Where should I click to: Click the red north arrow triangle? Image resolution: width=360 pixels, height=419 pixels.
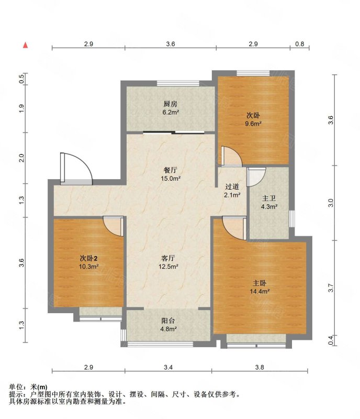(x=25, y=45)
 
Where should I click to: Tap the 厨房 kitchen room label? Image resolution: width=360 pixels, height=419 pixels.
(x=171, y=104)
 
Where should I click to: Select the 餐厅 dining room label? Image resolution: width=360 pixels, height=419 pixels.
(x=171, y=170)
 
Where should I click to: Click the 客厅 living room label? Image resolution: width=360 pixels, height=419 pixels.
(x=168, y=258)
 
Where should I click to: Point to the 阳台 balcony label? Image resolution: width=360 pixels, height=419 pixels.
(x=168, y=321)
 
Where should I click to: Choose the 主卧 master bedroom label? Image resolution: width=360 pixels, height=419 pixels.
(x=260, y=283)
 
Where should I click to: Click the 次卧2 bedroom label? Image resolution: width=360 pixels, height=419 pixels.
(x=88, y=258)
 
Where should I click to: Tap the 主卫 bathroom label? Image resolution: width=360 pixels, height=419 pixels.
(x=269, y=198)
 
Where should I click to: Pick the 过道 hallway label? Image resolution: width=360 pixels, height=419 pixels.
(x=232, y=186)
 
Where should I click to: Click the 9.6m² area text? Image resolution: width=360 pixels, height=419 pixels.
(x=253, y=124)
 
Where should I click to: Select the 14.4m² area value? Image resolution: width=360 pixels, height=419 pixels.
(x=260, y=291)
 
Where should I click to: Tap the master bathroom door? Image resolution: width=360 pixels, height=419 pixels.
(x=256, y=177)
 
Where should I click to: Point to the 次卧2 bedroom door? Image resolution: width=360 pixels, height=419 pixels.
(x=114, y=227)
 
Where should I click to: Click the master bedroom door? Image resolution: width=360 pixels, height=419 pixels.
(x=234, y=228)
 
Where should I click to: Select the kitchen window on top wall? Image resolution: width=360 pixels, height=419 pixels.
(x=178, y=83)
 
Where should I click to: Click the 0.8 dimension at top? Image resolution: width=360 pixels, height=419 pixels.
(x=300, y=44)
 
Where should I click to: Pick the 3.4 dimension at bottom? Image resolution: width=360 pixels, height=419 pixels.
(x=168, y=367)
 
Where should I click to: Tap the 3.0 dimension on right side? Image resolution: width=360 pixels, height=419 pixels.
(x=331, y=203)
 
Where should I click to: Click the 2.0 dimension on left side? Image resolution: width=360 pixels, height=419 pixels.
(x=21, y=158)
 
